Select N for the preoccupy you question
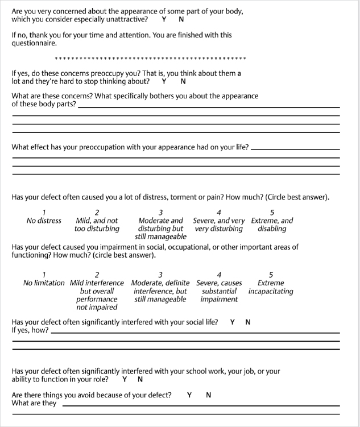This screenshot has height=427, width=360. [183, 81]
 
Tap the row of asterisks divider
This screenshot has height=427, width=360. [151, 58]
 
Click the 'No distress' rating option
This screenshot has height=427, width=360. [44, 221]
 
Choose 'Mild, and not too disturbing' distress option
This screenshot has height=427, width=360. [97, 225]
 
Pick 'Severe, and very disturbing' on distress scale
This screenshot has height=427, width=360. [219, 225]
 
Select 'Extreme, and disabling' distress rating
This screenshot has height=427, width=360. [272, 225]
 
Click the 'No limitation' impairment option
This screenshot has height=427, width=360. [44, 283]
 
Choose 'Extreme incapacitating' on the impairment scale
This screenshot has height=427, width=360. [271, 287]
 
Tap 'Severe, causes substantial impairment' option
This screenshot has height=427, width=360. [219, 291]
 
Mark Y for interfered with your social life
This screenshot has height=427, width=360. [233, 322]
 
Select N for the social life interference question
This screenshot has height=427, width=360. [248, 322]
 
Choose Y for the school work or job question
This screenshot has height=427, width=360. [125, 379]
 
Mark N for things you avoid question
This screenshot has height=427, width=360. [208, 395]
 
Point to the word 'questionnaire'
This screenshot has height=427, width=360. [34, 43]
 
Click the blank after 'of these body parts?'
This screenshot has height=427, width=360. [208, 106]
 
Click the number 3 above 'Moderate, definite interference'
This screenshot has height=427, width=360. [160, 275]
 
